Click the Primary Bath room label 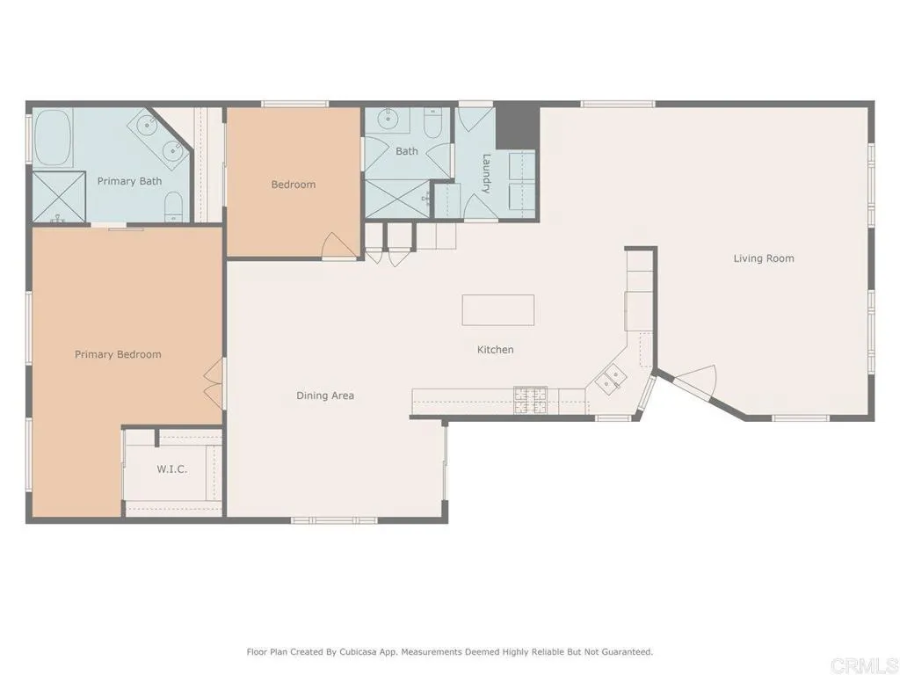pos(129,181)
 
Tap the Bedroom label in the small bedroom pos(293,185)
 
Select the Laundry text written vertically pos(486,172)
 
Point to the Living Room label pos(764,258)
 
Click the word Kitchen pos(495,350)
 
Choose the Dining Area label pos(325,396)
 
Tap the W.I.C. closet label pos(171,469)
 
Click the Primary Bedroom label pos(118,354)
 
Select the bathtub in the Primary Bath pos(53,138)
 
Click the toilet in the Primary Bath pos(175,207)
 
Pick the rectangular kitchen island pos(498,310)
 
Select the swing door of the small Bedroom pos(339,246)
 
